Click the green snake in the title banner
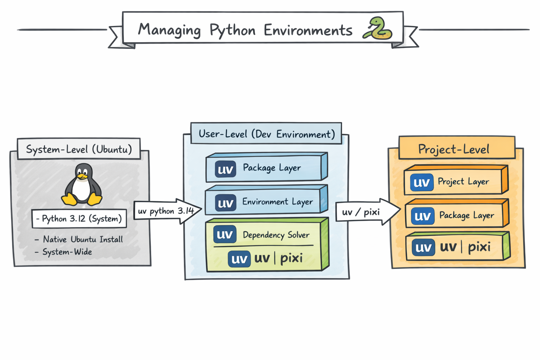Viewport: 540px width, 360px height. [x=378, y=28]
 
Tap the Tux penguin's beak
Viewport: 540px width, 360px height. [x=82, y=176]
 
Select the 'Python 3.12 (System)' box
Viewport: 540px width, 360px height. [x=79, y=219]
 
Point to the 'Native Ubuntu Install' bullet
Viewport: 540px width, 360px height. [x=83, y=239]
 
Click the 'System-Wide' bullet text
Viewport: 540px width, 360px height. [x=67, y=252]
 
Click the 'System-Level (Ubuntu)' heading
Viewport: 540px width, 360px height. [x=79, y=149]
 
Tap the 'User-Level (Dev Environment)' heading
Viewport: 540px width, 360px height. [x=266, y=134]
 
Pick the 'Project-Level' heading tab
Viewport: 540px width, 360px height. [x=454, y=149]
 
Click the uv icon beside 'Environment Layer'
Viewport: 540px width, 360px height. [x=225, y=203]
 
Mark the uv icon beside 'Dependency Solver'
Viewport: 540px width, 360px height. [x=225, y=234]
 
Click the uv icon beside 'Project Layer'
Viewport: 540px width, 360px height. [x=422, y=182]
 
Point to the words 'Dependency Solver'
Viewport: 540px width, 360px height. [x=276, y=235]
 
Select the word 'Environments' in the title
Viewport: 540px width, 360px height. [x=308, y=30]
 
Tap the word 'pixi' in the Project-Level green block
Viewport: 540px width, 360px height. [x=479, y=247]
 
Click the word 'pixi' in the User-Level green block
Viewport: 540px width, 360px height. [x=291, y=258]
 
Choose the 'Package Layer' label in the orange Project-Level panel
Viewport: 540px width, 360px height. [x=467, y=215]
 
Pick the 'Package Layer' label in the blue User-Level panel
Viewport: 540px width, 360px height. [x=272, y=168]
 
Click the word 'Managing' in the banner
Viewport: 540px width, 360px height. [x=169, y=30]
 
